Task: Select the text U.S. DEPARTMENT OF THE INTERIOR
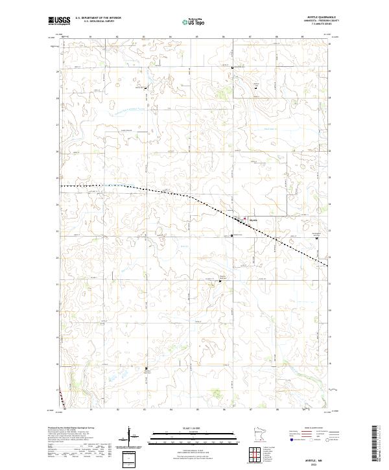(x=98, y=18)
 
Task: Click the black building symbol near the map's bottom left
(x=146, y=368)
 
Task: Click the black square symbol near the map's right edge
(x=317, y=238)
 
